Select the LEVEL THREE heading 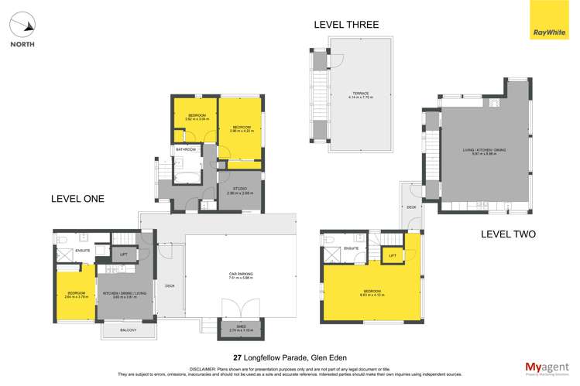[346, 25]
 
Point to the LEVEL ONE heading [77, 199]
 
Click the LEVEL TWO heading [508, 234]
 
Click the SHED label [232, 329]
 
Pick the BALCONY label [128, 331]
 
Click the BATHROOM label [186, 149]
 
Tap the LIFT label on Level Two [393, 254]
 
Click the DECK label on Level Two [411, 207]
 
